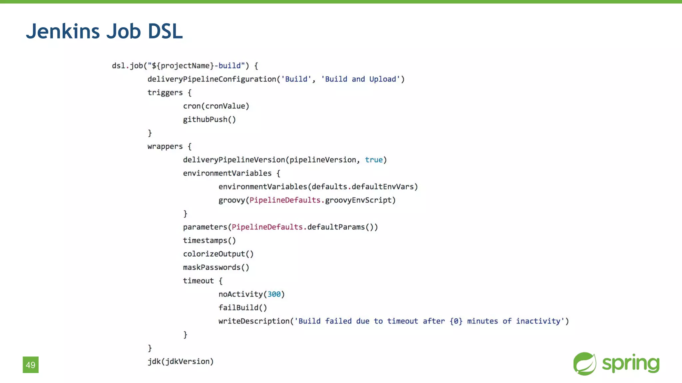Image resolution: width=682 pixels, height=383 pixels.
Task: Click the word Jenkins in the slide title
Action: point(63,32)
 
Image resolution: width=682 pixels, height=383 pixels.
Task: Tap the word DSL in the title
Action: point(165,32)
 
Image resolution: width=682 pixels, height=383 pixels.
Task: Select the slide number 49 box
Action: point(31,365)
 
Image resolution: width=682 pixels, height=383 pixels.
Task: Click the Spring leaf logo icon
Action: point(584,364)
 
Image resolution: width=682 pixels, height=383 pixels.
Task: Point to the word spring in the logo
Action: point(630,364)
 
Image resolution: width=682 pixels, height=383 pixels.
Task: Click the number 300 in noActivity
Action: point(274,294)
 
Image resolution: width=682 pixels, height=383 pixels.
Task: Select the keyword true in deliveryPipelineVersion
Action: point(374,160)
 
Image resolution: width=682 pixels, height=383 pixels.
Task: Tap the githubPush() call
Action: point(209,119)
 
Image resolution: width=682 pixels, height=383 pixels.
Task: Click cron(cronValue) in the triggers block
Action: point(216,106)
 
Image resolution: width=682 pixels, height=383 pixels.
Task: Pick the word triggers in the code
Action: point(165,93)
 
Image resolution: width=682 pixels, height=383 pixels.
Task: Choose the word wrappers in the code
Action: point(165,146)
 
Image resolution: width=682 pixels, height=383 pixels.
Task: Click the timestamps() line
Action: point(209,240)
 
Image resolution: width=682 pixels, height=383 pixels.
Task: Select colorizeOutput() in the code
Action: point(218,254)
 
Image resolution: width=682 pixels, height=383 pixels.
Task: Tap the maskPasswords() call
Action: point(216,267)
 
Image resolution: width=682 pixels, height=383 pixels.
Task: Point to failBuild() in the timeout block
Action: point(243,308)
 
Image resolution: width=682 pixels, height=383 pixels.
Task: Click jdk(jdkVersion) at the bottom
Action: point(180,361)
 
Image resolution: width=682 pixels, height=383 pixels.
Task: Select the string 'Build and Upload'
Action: point(360,79)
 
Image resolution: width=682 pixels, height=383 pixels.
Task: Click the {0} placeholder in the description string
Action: point(456,321)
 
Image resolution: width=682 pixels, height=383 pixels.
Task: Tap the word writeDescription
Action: point(254,321)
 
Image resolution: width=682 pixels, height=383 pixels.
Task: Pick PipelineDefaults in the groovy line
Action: point(285,200)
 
